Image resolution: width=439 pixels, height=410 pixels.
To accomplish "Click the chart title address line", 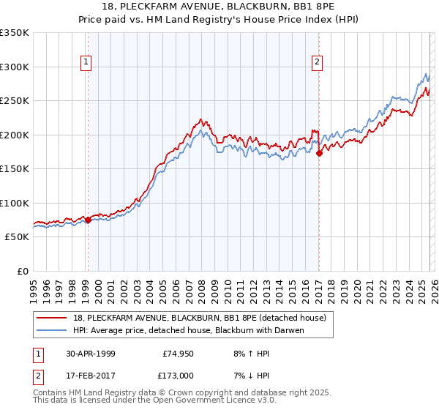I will point(219,7).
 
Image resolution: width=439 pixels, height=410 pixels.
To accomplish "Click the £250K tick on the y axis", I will point(15,101).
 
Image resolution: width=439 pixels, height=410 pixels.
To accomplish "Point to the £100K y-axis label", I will point(15,203).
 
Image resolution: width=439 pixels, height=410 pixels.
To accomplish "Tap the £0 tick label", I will point(22,271).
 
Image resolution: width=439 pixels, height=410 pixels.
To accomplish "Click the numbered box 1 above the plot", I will point(87,63).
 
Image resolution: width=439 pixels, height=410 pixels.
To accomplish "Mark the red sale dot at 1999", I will point(88,220).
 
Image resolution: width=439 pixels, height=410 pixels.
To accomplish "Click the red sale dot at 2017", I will point(319,154).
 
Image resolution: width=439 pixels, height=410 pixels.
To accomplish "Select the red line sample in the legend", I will point(53,317).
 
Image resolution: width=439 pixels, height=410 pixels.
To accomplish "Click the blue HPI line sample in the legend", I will point(53,329).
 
